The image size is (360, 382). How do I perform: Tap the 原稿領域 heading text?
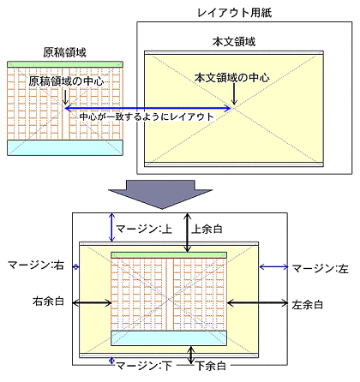click(x=64, y=52)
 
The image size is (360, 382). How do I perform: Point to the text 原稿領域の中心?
click(x=66, y=81)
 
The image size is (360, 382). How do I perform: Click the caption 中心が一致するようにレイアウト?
click(x=146, y=116)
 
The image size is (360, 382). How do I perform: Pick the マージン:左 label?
click(x=319, y=268)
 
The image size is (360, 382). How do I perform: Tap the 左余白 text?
click(x=307, y=303)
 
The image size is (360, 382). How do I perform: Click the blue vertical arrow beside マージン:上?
click(x=111, y=228)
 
